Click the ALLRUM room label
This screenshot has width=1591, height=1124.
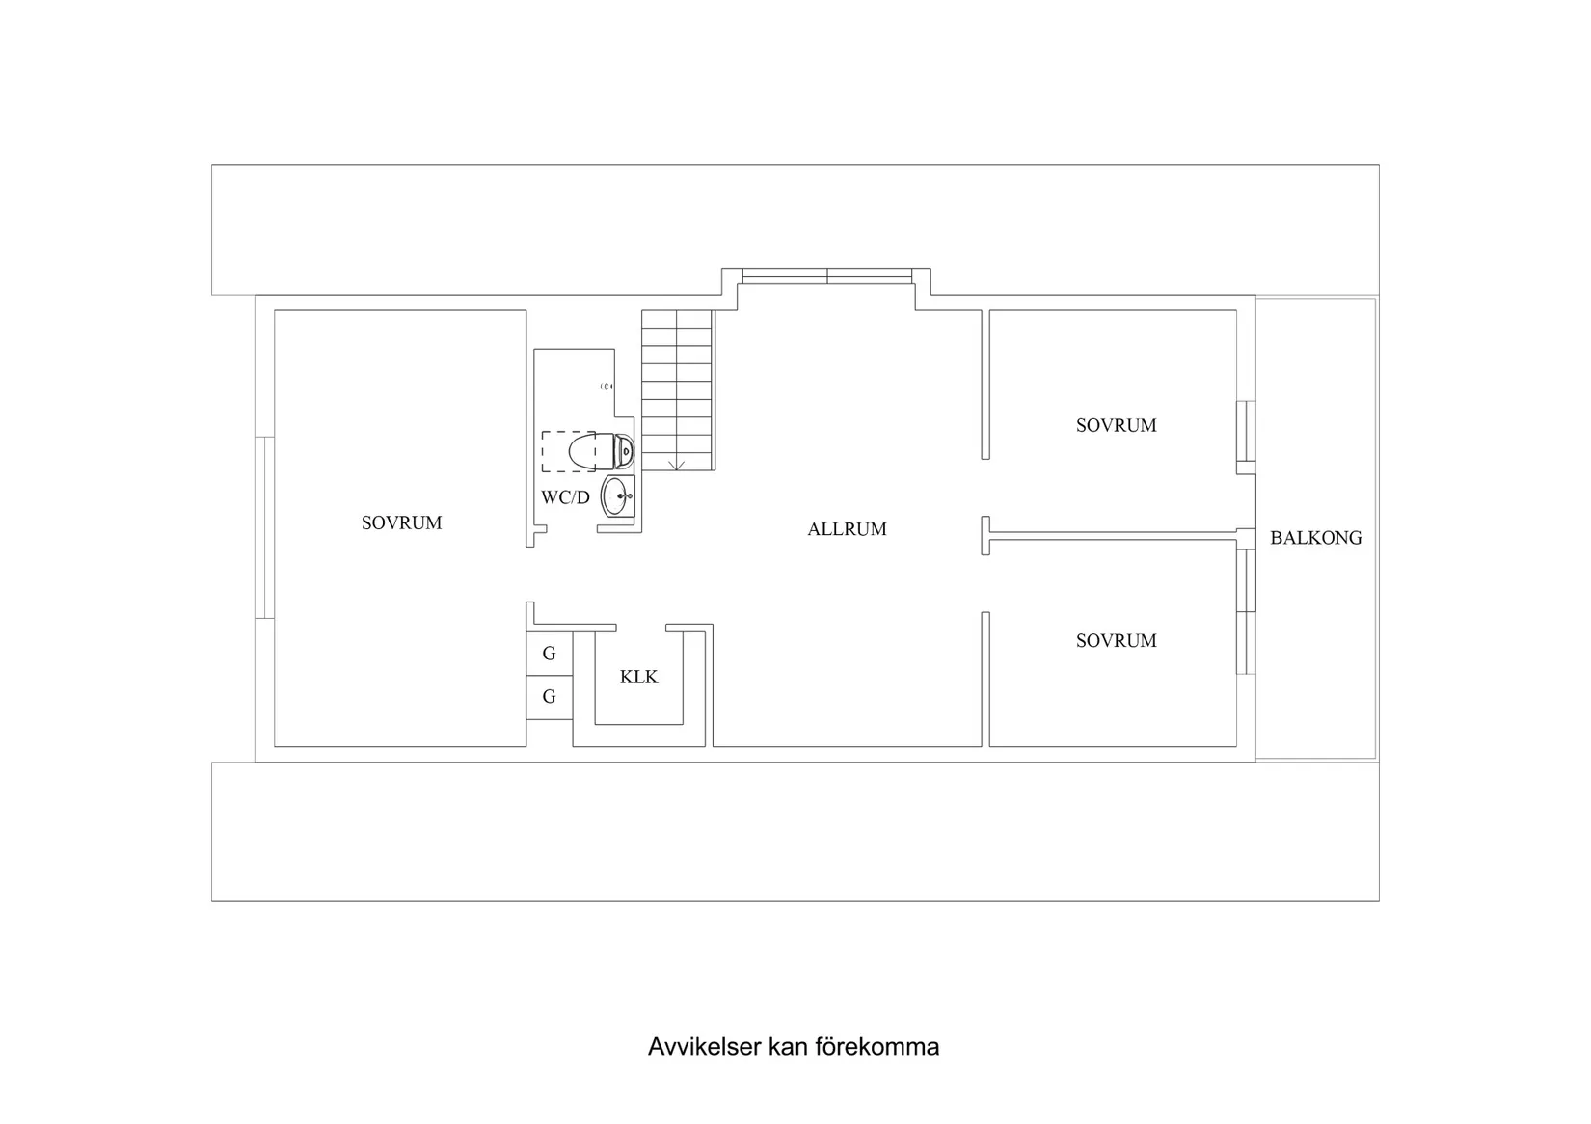point(847,529)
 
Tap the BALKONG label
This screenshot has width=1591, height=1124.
point(1315,538)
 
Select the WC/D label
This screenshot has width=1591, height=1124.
point(565,498)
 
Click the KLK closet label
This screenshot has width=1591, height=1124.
point(638,678)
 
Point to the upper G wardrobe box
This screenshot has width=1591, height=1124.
point(550,654)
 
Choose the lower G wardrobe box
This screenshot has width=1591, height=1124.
point(550,697)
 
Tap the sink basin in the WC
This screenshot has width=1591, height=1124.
point(617,497)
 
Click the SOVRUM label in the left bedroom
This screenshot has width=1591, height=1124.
point(401,522)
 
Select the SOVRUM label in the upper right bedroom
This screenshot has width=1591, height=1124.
point(1116,425)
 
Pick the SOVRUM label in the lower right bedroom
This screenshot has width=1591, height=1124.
point(1116,640)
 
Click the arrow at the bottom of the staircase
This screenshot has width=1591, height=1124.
point(677,465)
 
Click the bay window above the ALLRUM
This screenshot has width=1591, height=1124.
point(827,277)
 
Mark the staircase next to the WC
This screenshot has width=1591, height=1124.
point(677,389)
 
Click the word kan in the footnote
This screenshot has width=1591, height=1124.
point(788,1047)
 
